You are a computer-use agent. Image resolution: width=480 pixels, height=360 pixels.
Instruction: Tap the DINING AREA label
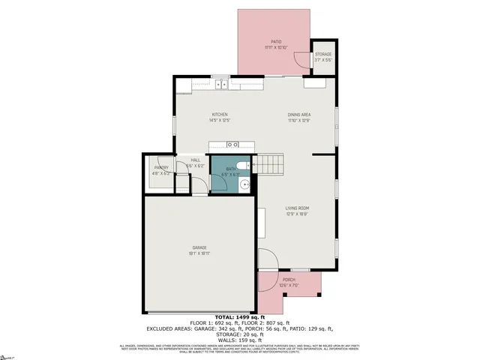[298, 115]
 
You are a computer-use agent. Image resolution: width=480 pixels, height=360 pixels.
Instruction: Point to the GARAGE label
[199, 247]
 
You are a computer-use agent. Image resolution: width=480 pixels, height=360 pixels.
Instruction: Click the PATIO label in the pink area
[275, 42]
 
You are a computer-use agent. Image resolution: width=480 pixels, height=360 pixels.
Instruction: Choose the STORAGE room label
[322, 55]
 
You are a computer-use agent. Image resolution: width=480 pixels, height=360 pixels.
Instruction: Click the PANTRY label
[161, 168]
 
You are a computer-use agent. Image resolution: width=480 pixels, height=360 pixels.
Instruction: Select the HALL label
[195, 160]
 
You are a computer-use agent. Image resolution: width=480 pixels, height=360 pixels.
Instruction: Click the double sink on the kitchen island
[232, 144]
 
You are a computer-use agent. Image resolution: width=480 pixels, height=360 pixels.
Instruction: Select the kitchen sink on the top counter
[221, 85]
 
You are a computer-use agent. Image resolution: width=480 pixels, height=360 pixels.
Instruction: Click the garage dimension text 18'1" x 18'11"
[199, 253]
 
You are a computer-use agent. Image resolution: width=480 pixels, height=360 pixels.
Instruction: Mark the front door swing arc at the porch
[268, 260]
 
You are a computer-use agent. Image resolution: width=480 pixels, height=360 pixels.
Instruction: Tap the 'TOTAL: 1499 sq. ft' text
[240, 318]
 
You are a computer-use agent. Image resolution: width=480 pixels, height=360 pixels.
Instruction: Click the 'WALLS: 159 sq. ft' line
[240, 339]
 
